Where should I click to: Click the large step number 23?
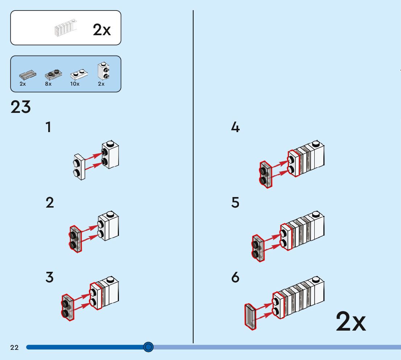coord(21,107)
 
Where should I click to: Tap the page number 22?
coord(15,348)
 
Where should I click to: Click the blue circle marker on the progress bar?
coord(148,347)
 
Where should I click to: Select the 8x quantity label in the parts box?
coord(48,84)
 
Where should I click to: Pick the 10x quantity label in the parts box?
coord(75,84)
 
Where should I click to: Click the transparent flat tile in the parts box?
coord(28,75)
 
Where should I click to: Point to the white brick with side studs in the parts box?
coord(103,70)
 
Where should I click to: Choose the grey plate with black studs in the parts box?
coord(53,74)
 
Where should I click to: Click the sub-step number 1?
coord(48,127)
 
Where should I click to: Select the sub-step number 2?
coord(50,202)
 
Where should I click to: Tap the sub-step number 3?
coord(50,278)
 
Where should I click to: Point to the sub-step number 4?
coord(235,127)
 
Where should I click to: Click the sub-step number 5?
coord(235,202)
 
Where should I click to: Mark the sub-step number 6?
coord(235,278)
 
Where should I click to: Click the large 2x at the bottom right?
coord(351,322)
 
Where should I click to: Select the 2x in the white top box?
coord(102,30)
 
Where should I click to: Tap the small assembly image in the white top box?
coord(66,28)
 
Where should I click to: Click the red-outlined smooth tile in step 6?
coord(250,317)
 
